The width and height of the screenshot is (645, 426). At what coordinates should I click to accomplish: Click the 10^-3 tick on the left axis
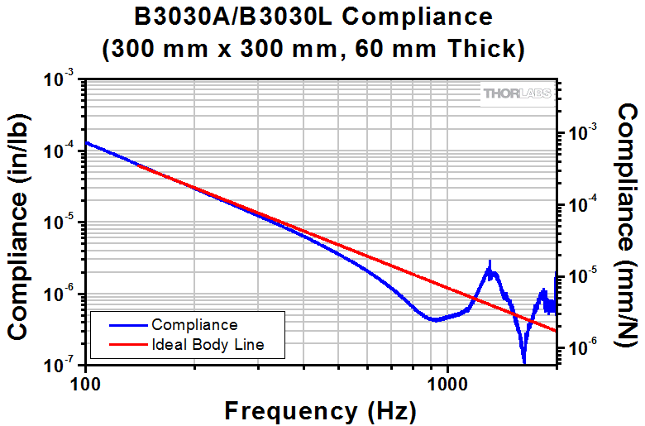tap(61, 79)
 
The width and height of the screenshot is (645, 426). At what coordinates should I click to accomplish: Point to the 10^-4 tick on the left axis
tap(61, 151)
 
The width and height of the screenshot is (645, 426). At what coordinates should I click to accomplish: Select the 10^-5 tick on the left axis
tap(61, 222)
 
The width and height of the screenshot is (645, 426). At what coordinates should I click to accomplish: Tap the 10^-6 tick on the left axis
tap(61, 293)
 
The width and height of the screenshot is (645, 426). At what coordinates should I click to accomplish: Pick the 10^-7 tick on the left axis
tap(61, 364)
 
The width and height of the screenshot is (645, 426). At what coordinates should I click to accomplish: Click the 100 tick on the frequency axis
tap(86, 383)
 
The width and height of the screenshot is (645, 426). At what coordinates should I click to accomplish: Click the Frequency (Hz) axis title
tap(320, 409)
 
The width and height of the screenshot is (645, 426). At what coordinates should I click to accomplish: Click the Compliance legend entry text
tap(194, 325)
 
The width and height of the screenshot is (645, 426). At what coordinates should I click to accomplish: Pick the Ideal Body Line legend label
tap(207, 344)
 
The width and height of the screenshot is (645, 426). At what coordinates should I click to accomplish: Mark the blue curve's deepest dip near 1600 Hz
tap(523, 361)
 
